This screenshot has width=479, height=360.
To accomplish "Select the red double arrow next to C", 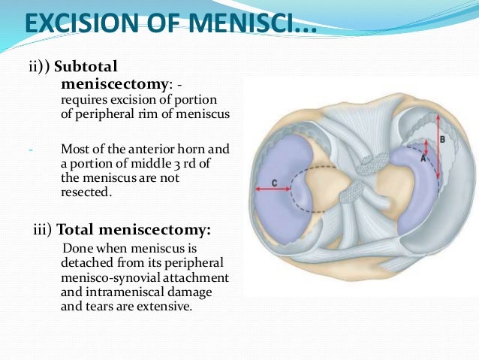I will pos(273,189).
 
